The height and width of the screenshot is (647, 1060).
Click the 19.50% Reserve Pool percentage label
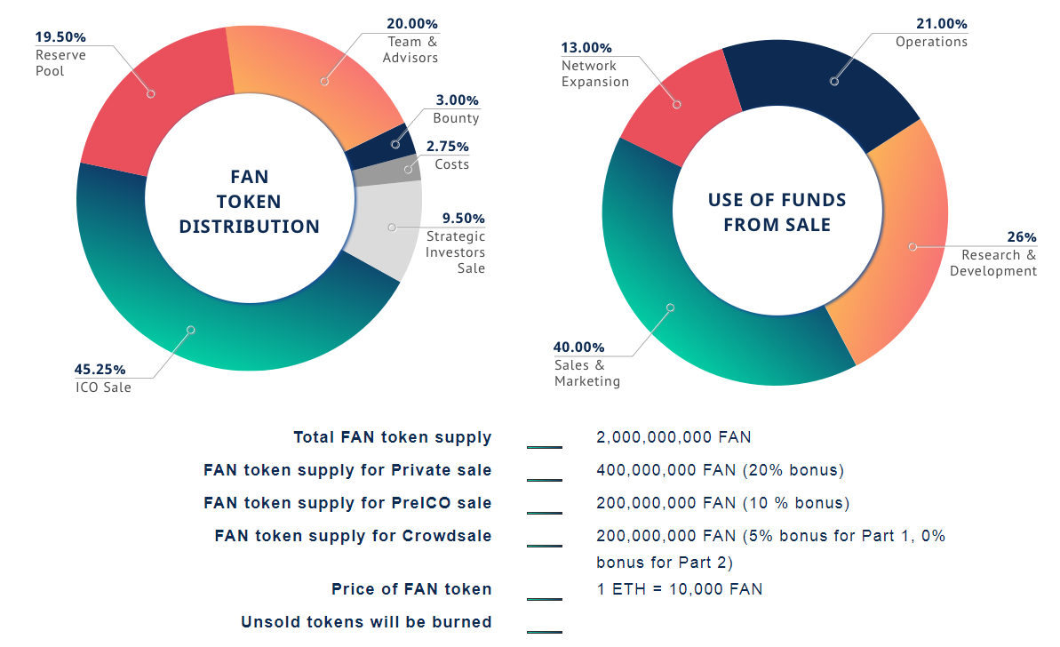point(60,37)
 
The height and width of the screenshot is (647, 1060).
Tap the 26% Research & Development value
point(1021,237)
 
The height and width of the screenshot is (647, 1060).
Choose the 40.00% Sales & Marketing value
point(579,347)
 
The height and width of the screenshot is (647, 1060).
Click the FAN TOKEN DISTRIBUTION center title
point(250,202)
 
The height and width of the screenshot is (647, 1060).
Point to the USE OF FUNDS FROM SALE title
point(777,212)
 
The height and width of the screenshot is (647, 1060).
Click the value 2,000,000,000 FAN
point(673,437)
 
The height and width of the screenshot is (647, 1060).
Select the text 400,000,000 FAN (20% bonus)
point(720,470)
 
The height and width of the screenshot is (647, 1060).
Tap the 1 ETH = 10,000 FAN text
point(679,589)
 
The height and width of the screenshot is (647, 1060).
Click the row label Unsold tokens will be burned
point(366,622)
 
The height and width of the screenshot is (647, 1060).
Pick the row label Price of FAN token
point(411,589)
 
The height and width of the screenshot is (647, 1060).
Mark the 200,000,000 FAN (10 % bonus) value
point(722,503)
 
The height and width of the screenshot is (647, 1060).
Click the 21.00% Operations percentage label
point(943,24)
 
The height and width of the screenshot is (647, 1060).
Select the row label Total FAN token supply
point(393,437)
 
